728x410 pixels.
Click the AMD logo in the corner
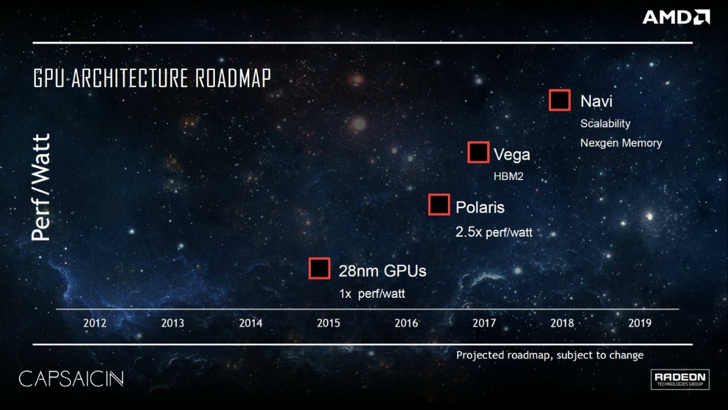(x=675, y=18)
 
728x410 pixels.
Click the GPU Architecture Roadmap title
(x=152, y=78)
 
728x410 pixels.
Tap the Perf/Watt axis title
(x=41, y=187)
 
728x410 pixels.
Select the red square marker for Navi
(x=560, y=100)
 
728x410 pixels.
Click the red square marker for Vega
(x=478, y=153)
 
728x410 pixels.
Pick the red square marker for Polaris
(x=439, y=205)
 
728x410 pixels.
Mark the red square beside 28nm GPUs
(x=319, y=268)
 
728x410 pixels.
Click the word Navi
(x=596, y=102)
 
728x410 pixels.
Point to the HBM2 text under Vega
(x=508, y=177)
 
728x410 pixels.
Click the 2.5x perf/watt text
(x=493, y=231)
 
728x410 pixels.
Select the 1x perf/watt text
(x=372, y=294)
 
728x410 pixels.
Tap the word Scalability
(x=605, y=123)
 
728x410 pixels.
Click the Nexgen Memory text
(x=620, y=143)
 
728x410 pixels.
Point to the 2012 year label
(x=94, y=323)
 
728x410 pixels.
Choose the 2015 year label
(x=328, y=323)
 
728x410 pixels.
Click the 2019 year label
(x=640, y=323)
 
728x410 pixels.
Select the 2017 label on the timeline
(x=484, y=323)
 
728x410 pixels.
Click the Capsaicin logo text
(x=71, y=379)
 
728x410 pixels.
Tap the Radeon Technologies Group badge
(x=680, y=379)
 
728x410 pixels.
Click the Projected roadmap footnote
(x=549, y=355)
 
